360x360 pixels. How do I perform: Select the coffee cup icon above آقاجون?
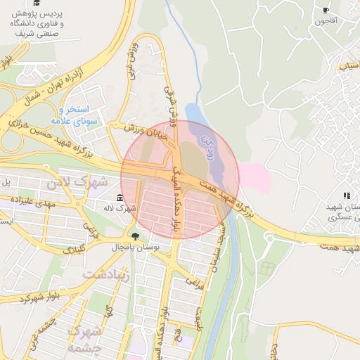pos(325,10)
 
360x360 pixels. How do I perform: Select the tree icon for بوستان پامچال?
pos(134,236)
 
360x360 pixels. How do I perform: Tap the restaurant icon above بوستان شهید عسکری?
pos(345,195)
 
